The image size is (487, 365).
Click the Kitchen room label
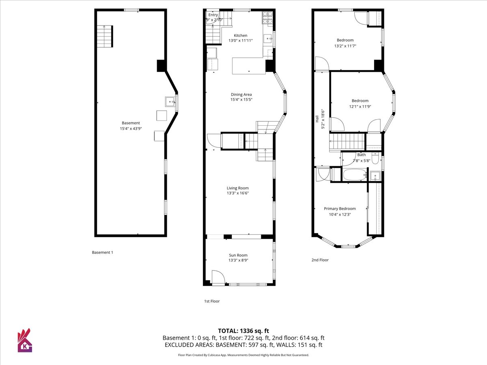tap(241, 35)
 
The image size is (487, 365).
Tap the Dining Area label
tap(241, 94)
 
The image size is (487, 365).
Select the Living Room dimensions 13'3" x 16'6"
tap(238, 193)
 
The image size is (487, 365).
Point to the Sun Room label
tap(238, 255)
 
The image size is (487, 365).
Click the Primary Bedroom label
tap(340, 208)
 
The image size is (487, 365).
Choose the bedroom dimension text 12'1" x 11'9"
tap(360, 106)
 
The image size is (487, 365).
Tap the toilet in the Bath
tap(375, 158)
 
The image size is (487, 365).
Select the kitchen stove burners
tap(267, 18)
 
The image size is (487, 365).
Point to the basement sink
tap(170, 102)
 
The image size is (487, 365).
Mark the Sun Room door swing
tap(218, 277)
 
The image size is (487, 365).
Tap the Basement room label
tap(131, 123)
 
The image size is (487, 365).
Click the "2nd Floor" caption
tap(320, 260)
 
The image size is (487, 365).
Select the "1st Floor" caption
tap(212, 301)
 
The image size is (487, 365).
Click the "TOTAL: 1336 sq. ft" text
tap(243, 331)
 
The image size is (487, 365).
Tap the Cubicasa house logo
tap(25, 340)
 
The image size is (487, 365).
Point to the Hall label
tap(317, 119)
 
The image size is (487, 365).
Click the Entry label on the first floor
tap(213, 15)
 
